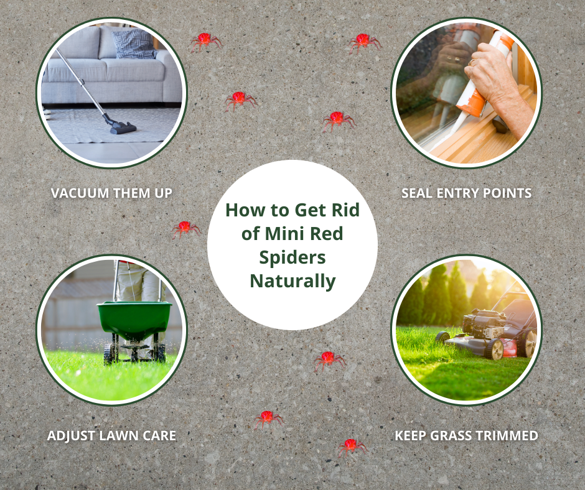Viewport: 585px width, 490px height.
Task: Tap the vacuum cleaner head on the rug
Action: pos(123,128)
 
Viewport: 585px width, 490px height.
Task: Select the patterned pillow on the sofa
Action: pos(134,44)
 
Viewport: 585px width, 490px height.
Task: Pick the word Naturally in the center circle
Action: pos(293,281)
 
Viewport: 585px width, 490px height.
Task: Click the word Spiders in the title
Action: pos(292,258)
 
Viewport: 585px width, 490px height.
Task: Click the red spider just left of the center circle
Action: pos(185,229)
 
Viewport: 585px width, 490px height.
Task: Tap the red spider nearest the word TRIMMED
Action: pos(352,446)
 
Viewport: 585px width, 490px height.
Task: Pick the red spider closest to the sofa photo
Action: pos(205,42)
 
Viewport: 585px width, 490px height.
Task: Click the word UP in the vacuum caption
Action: pos(163,193)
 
